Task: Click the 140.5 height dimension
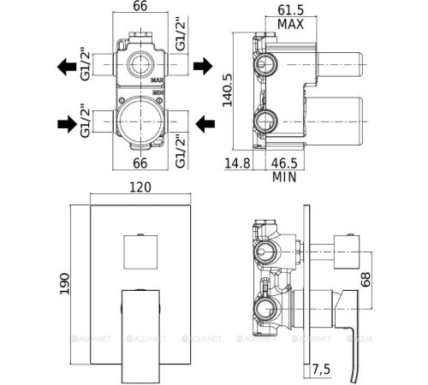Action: [228, 90]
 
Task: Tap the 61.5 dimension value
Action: [291, 10]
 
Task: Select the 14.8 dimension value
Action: [237, 163]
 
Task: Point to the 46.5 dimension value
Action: [284, 163]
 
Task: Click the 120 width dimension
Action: [140, 187]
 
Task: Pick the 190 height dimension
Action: [65, 284]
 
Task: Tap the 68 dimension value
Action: [366, 280]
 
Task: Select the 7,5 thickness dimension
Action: [321, 370]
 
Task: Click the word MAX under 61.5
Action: [290, 24]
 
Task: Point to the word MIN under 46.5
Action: [284, 177]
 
